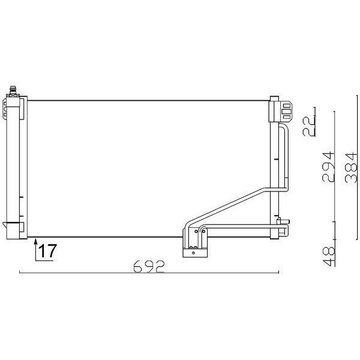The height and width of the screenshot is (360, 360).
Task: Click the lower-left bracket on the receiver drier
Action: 12,226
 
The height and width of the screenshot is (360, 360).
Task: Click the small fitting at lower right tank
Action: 283,227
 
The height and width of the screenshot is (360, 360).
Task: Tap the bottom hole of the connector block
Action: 194,254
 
